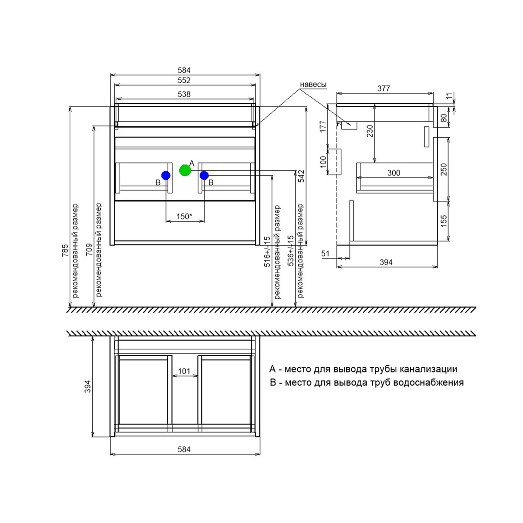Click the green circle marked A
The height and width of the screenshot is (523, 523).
click(185, 170)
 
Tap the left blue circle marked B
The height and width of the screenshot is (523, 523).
click(166, 175)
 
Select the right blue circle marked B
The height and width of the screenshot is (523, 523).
click(204, 176)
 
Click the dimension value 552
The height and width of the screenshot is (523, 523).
click(184, 80)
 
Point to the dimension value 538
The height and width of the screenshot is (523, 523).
click(184, 94)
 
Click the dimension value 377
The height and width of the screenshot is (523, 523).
click(384, 88)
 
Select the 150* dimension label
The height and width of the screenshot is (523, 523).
click(184, 216)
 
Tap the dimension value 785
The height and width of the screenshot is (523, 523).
click(65, 251)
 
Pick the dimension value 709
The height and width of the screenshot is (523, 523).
click(89, 250)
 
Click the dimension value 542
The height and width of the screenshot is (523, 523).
click(301, 176)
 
